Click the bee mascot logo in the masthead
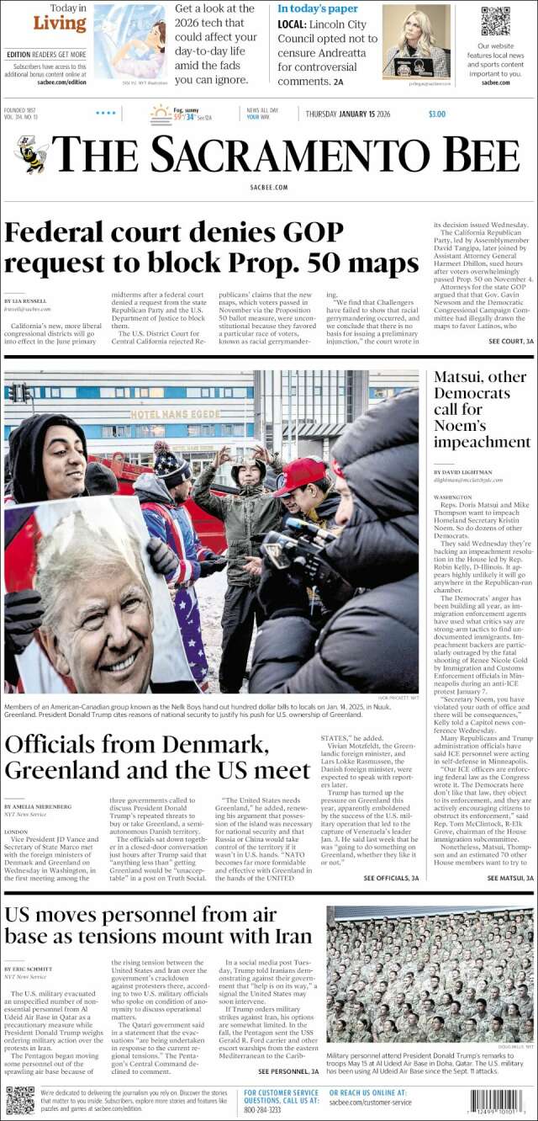click(31, 155)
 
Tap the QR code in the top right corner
click(495, 22)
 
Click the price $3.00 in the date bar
click(437, 114)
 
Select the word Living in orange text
click(60, 24)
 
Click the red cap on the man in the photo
click(300, 475)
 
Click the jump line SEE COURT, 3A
click(505, 341)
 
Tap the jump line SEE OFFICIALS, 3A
click(391, 878)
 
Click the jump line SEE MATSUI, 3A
click(505, 878)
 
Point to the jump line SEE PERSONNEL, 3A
click(288, 1071)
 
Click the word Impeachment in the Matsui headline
click(483, 442)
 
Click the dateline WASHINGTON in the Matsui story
click(453, 497)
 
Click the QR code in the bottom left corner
click(19, 1100)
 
